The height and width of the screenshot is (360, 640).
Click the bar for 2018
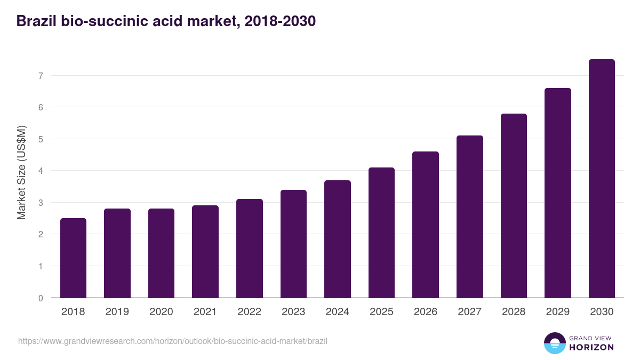click(73, 258)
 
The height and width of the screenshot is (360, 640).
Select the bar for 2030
click(602, 179)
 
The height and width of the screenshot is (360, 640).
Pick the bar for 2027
click(470, 217)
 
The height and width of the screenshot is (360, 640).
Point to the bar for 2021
click(205, 252)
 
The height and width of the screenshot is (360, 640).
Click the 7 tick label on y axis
click(41, 76)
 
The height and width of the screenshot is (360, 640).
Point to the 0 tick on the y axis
click(41, 298)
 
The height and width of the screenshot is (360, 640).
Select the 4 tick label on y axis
click(41, 171)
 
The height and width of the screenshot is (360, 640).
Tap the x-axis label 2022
click(249, 312)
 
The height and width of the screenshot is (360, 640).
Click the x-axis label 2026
click(426, 312)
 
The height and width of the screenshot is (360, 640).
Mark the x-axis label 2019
click(117, 312)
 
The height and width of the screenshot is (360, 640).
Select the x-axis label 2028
click(514, 312)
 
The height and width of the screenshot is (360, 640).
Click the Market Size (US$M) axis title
click(21, 172)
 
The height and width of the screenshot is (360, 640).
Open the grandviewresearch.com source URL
click(173, 341)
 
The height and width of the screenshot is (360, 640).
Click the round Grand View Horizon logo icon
click(554, 343)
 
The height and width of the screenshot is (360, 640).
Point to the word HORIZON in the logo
click(591, 347)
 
